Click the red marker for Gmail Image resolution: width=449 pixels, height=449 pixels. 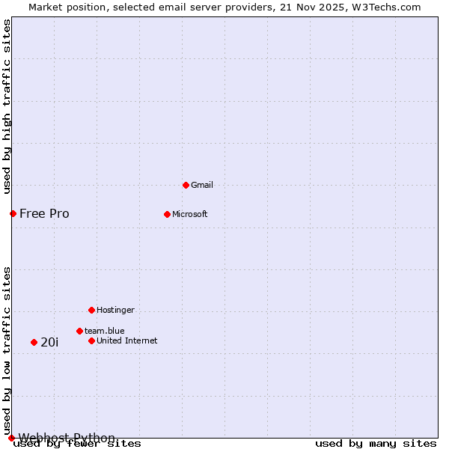[186, 185]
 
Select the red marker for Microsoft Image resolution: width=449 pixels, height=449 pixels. [167, 214]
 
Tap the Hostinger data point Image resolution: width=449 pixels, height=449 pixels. [91, 310]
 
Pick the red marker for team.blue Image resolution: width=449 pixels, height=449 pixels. [79, 331]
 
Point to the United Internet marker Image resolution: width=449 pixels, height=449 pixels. [91, 340]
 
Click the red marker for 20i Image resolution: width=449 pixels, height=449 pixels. [34, 342]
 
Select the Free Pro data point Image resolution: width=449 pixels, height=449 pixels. [13, 213]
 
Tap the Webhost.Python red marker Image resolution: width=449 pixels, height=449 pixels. [11, 438]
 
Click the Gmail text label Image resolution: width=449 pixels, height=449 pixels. [202, 185]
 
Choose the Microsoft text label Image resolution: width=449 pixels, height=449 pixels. [190, 214]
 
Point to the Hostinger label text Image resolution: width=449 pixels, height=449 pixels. [115, 310]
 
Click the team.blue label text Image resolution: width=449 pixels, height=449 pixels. [105, 331]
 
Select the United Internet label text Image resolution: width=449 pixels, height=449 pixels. [127, 340]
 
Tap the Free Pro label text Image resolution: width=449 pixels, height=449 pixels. [44, 213]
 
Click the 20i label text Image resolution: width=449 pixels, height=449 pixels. [49, 342]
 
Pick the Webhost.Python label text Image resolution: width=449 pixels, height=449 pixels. [67, 438]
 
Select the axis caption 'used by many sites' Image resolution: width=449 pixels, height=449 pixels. [376, 444]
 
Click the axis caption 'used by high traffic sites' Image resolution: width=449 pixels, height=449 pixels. [7, 106]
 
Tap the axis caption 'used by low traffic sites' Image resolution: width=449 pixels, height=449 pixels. [7, 350]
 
